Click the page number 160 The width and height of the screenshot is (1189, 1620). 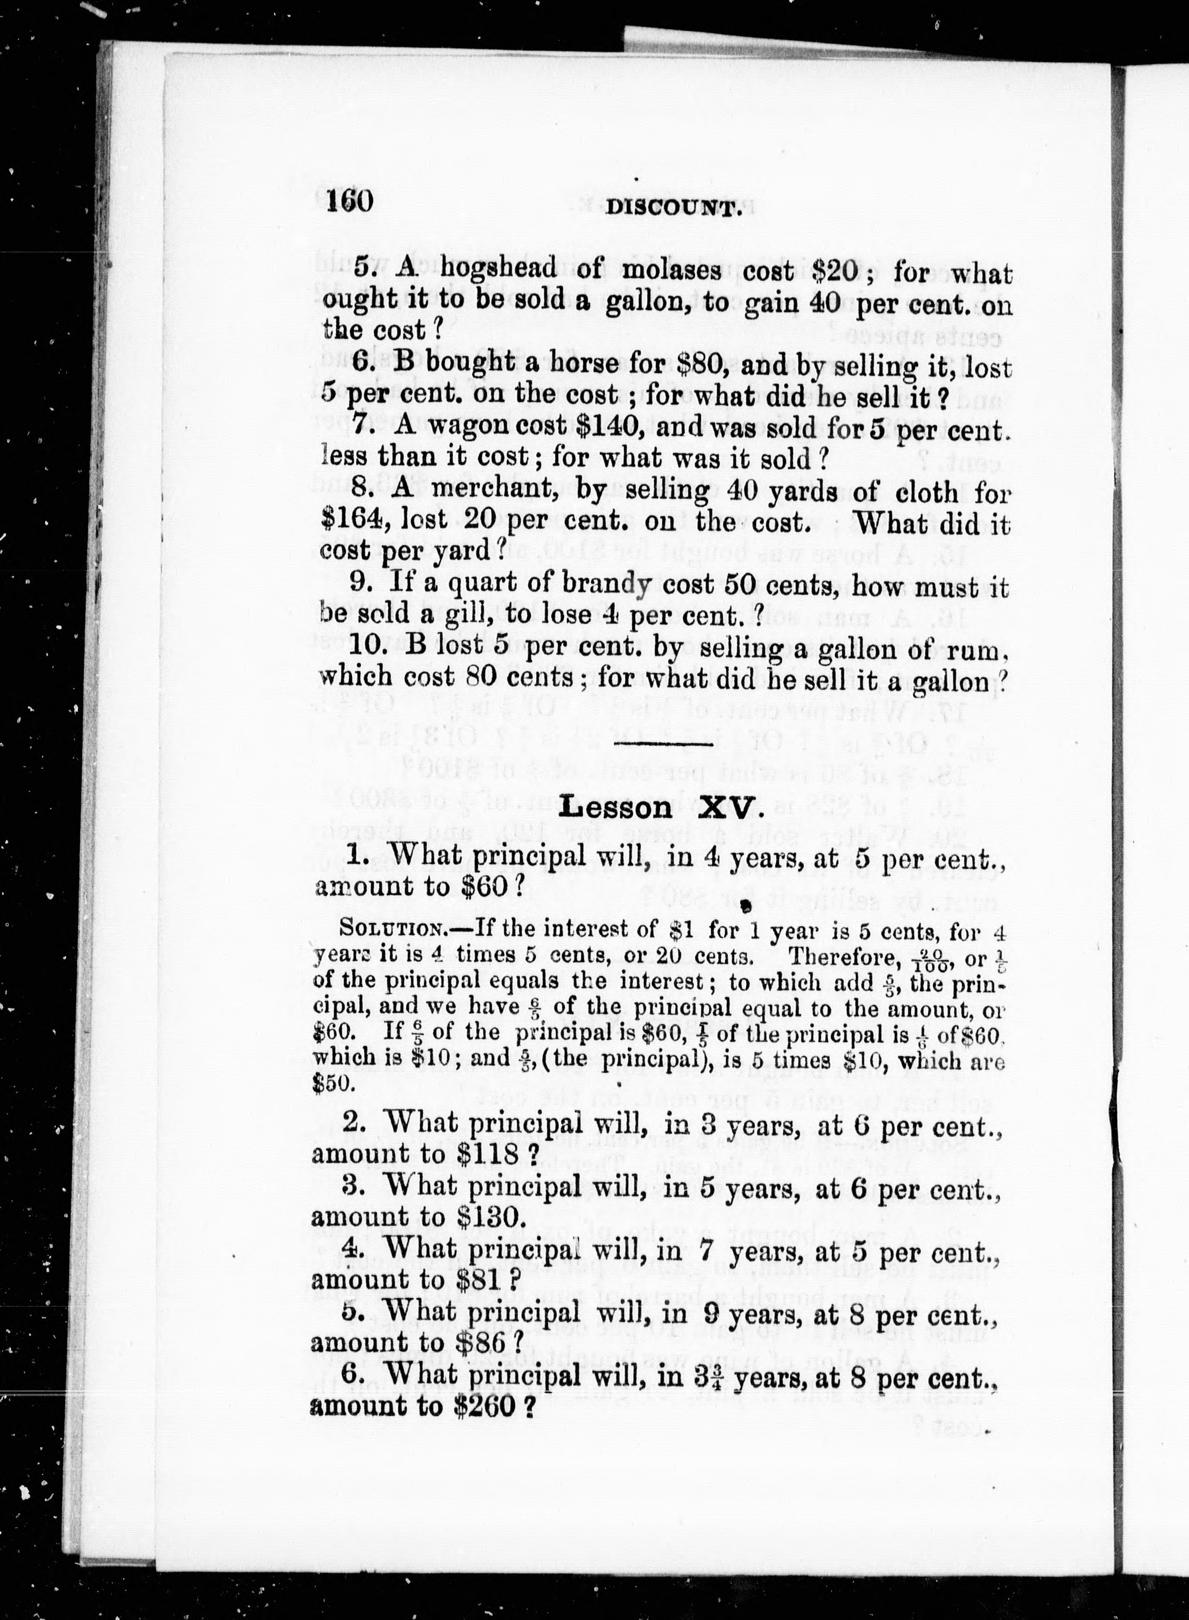[349, 201]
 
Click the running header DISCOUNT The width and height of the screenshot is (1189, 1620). [673, 208]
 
